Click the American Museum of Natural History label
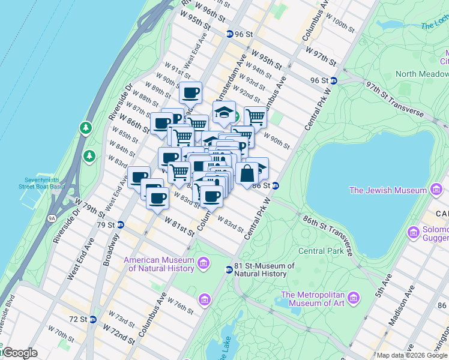point(159,264)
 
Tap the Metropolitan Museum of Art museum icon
point(354,298)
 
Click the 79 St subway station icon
point(120,225)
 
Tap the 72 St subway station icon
point(92,319)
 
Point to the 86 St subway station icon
point(276,186)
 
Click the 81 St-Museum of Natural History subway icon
point(229,269)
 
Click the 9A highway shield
point(52,210)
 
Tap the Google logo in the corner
point(19,353)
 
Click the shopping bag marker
point(247,173)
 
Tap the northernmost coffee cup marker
point(191,93)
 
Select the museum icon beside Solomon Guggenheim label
point(413,232)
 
